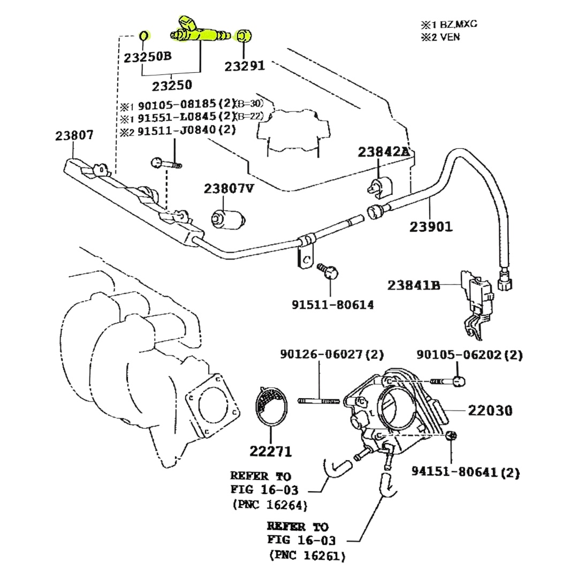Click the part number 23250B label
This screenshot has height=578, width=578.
pyautogui.click(x=148, y=57)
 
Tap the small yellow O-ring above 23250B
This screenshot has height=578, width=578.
pyautogui.click(x=144, y=36)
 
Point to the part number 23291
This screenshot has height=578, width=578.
pyautogui.click(x=245, y=66)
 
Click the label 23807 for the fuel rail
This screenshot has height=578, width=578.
pyautogui.click(x=74, y=135)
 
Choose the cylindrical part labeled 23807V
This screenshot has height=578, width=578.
pyautogui.click(x=228, y=219)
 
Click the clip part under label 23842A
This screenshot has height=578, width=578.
pyautogui.click(x=379, y=186)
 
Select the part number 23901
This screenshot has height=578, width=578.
pyautogui.click(x=431, y=227)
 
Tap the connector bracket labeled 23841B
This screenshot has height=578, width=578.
pyautogui.click(x=477, y=302)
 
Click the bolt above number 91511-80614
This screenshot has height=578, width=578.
pyautogui.click(x=328, y=270)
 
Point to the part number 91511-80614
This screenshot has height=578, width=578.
pyautogui.click(x=332, y=305)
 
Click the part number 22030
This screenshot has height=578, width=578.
pyautogui.click(x=490, y=410)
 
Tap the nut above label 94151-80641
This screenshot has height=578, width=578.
pyautogui.click(x=451, y=435)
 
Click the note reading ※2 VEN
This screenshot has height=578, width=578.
pyautogui.click(x=440, y=37)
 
